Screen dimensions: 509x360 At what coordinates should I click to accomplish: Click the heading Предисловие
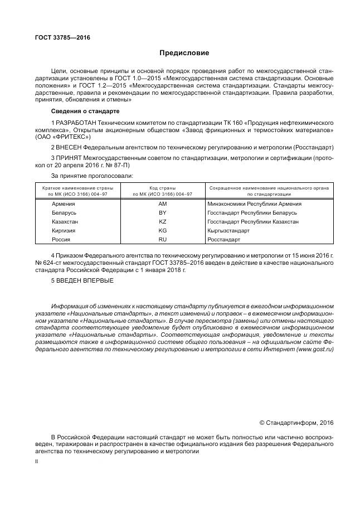184,54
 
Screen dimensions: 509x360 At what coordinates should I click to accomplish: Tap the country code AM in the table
162,204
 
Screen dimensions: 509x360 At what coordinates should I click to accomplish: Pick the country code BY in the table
162,213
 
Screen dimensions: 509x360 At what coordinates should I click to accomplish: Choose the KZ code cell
162,222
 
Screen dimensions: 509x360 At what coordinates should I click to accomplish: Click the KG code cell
162,230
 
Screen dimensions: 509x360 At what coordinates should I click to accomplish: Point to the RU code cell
162,239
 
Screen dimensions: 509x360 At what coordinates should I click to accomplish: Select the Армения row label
64,204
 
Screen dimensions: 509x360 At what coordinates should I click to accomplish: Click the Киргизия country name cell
64,230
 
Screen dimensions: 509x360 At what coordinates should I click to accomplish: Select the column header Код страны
162,188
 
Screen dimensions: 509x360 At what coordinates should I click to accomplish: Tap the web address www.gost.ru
315,348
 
